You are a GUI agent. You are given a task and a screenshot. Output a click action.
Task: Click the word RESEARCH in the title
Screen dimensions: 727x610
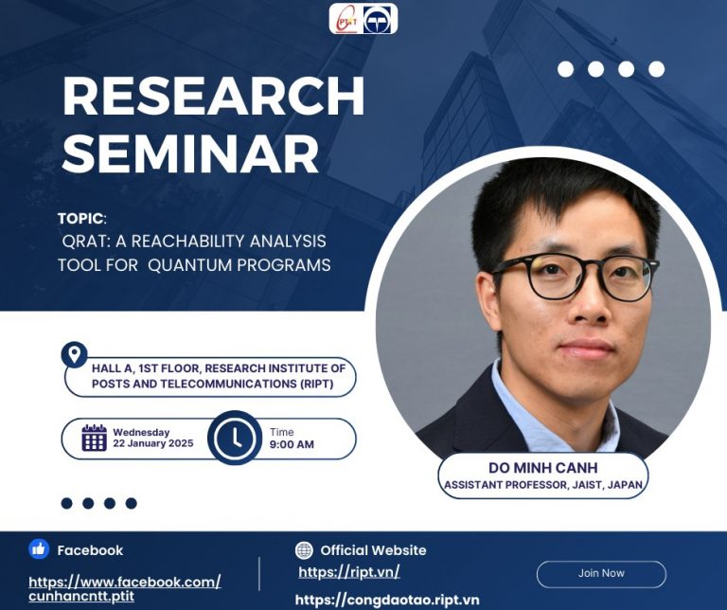point(214,96)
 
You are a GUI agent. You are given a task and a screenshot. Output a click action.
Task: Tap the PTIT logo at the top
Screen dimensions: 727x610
point(346,20)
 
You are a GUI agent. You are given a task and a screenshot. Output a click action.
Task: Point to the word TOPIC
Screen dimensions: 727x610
point(80,218)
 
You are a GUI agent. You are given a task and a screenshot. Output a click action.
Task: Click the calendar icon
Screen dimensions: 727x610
point(94,438)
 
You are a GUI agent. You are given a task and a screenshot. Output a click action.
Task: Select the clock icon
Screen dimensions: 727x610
point(236,438)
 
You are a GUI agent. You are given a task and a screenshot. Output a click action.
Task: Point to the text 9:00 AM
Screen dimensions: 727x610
point(292,444)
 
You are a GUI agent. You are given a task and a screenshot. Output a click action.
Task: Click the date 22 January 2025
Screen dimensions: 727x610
point(153,443)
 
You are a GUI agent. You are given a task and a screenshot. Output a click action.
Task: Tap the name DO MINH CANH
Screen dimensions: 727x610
point(543,468)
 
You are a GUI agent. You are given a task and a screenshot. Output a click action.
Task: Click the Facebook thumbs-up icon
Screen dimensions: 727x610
point(39,549)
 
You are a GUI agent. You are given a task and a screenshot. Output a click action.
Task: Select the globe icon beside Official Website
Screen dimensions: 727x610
point(304,550)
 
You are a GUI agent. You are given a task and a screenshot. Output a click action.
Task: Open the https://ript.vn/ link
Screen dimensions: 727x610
point(348,572)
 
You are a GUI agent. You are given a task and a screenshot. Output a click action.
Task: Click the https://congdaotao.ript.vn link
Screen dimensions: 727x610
point(387,600)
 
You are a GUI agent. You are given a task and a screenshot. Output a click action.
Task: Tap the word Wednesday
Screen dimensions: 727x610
point(141,432)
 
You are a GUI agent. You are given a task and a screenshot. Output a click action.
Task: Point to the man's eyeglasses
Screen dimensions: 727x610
point(574,277)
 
